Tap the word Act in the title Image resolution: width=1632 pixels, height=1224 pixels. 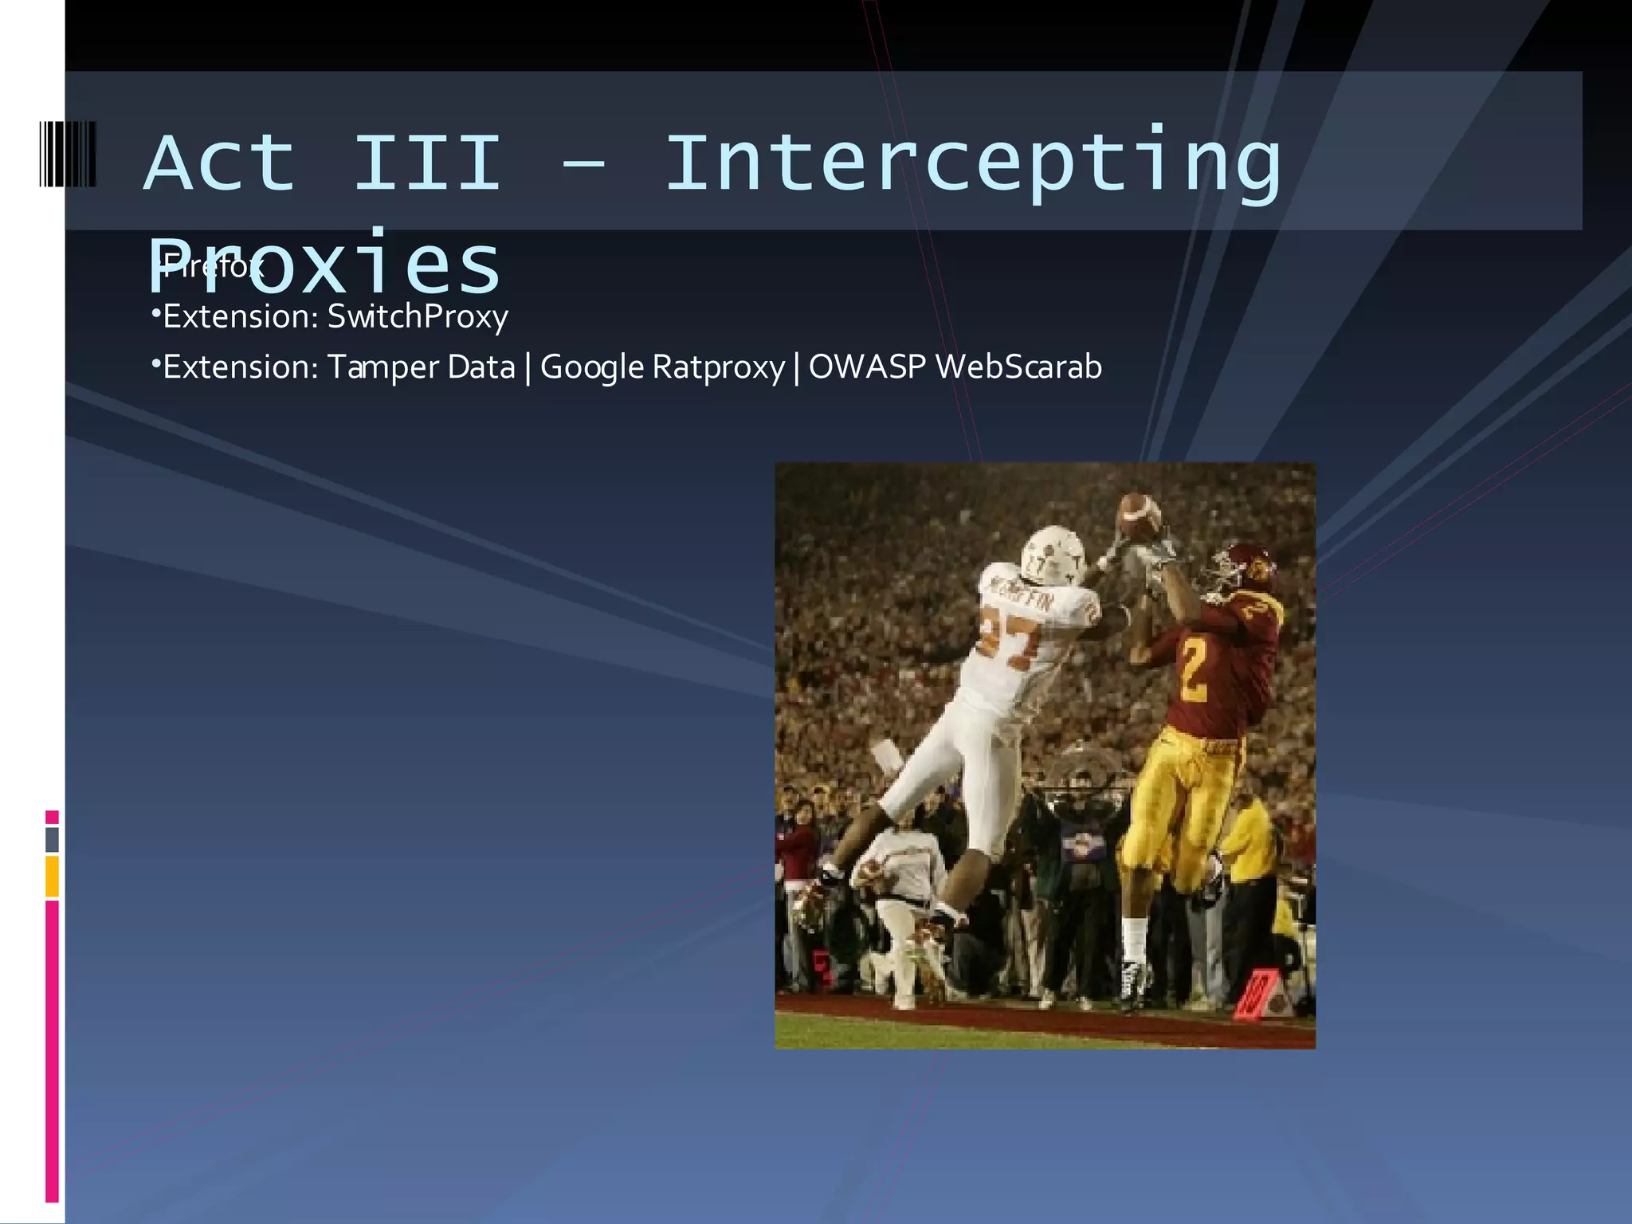click(x=219, y=163)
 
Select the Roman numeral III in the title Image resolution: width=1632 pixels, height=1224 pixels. click(x=426, y=163)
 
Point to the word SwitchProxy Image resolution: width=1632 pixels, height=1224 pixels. click(x=418, y=316)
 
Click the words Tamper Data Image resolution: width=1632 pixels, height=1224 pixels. click(x=421, y=367)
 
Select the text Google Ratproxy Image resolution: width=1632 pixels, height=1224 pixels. click(x=662, y=367)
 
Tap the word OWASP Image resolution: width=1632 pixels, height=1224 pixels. click(x=867, y=367)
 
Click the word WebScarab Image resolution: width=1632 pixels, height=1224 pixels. click(x=1018, y=367)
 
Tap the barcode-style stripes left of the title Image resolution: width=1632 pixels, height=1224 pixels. click(x=68, y=154)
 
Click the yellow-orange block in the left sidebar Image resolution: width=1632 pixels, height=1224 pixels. click(x=52, y=877)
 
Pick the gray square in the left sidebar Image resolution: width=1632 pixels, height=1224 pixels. click(x=52, y=839)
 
